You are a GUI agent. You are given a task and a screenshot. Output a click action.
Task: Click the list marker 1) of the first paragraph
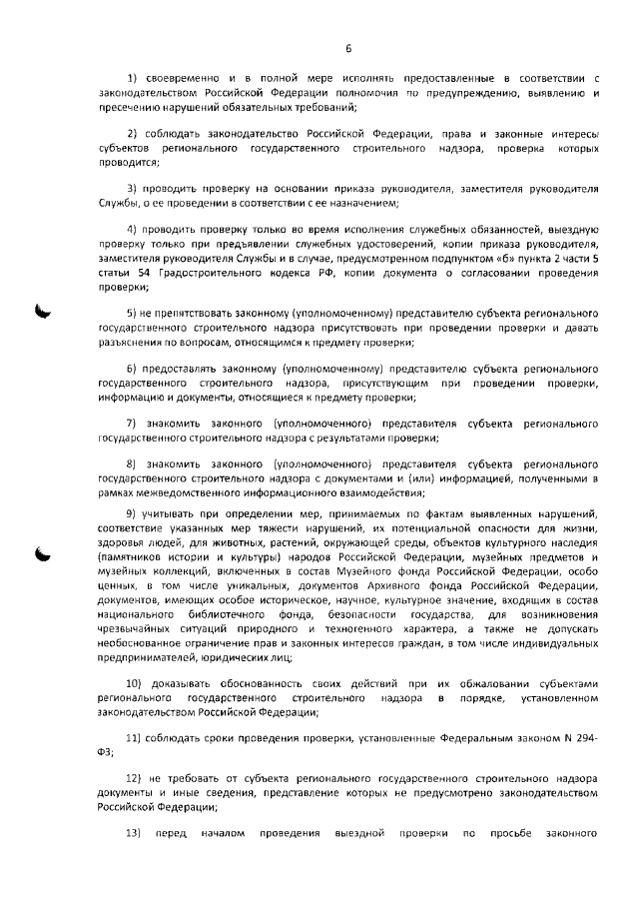[x=132, y=77]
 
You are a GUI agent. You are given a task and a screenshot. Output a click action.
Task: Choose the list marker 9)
[x=131, y=513]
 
